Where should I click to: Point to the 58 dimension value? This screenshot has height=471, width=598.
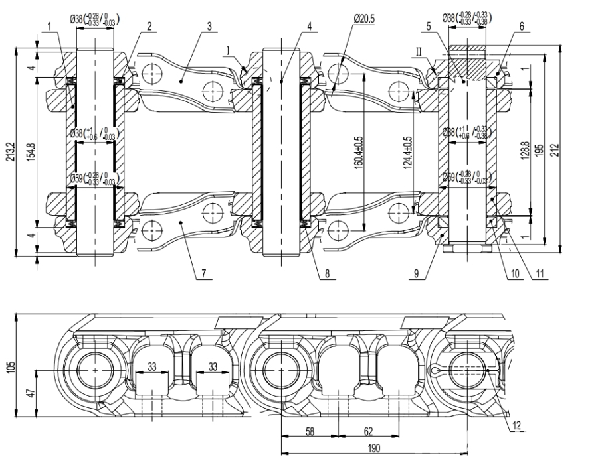pyautogui.click(x=310, y=431)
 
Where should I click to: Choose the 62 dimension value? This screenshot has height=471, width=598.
pyautogui.click(x=369, y=431)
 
